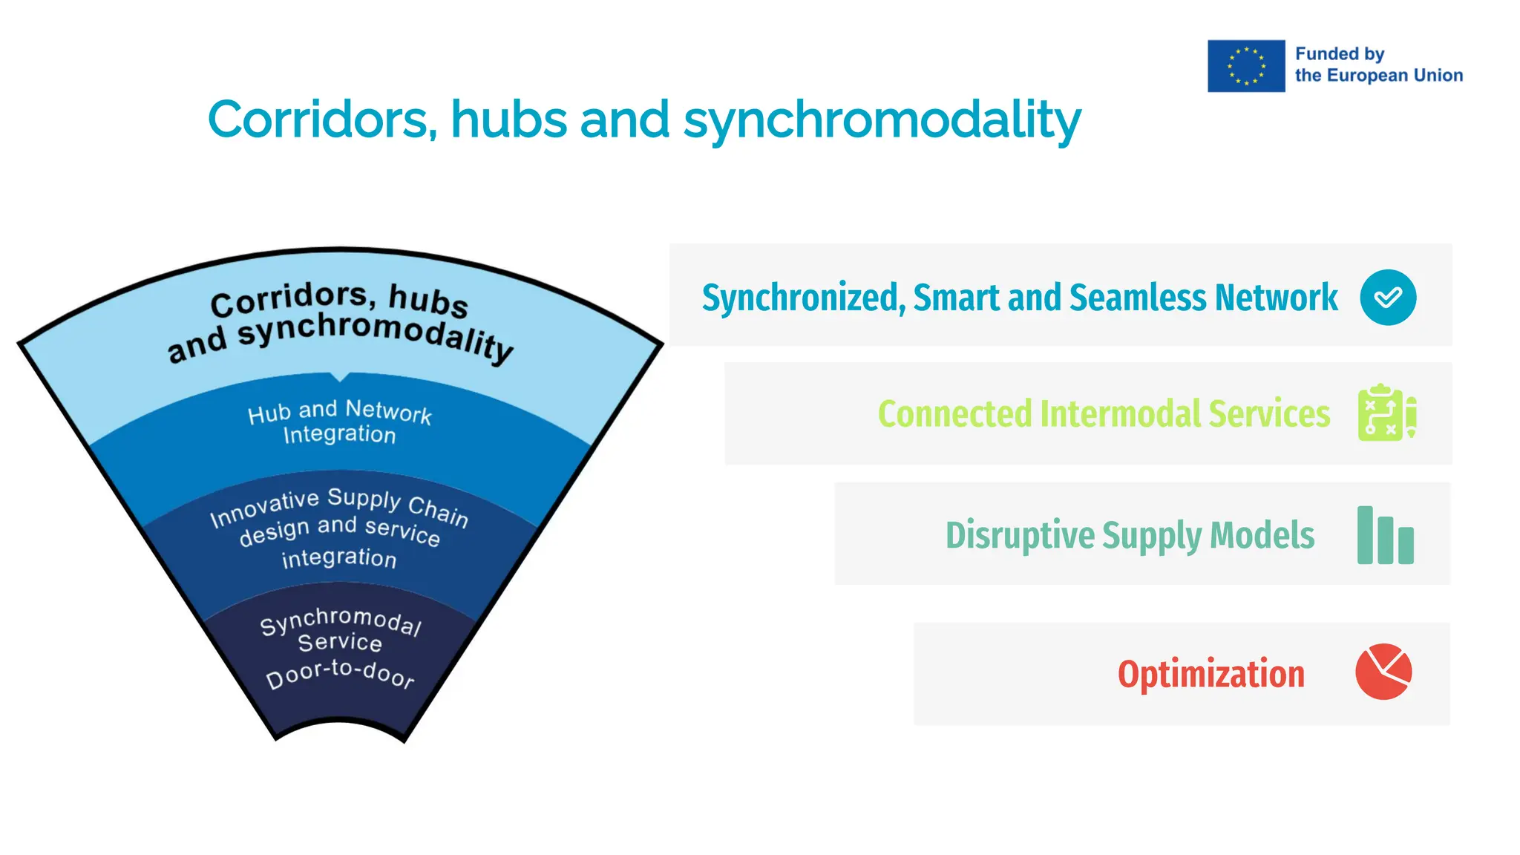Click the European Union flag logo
pos(1245,66)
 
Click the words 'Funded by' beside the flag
pos(1340,54)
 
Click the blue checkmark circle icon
pos(1388,297)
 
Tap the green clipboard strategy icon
pos(1386,413)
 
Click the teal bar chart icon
pos(1385,535)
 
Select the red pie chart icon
pos(1383,672)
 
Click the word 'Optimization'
pos(1211,674)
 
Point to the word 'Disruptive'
pos(1020,535)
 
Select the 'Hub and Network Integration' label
pos(339,422)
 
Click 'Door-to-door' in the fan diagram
pos(340,673)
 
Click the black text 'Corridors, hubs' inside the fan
pos(339,299)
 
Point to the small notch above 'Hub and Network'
pos(340,377)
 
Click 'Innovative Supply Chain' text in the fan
pos(339,505)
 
